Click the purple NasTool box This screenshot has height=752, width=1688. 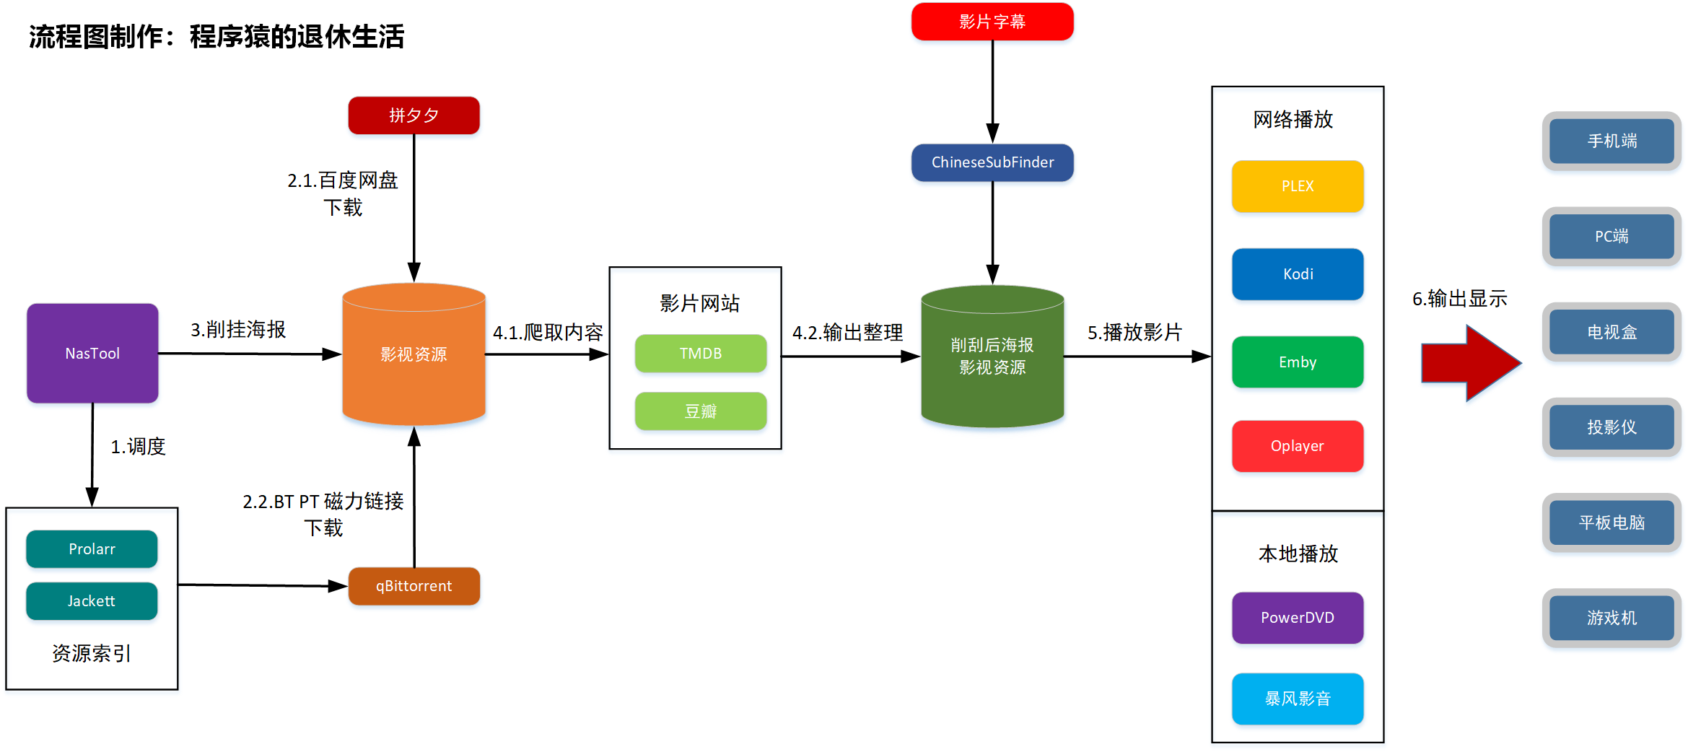92,353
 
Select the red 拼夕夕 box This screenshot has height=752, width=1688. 414,115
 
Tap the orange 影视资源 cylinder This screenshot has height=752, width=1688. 414,354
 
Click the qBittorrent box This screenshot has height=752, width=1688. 414,586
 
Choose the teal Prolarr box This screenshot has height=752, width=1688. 92,549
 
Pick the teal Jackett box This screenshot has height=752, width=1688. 92,601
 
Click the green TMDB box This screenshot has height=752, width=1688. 700,353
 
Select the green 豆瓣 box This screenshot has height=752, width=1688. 700,411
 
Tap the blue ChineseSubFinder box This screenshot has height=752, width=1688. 992,162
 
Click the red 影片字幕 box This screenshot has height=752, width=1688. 992,22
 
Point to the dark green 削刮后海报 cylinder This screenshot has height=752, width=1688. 992,356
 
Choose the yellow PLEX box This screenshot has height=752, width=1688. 1298,186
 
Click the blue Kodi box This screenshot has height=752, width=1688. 1298,274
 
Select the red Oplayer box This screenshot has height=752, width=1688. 1298,446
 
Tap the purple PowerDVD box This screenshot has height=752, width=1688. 1298,618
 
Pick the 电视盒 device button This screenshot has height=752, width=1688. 1612,332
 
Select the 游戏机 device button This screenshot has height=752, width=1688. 1612,618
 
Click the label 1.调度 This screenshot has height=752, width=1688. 138,447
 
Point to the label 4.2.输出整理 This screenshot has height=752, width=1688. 847,333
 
